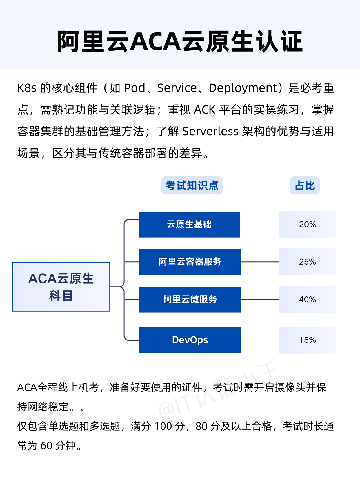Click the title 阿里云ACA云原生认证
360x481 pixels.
(180, 41)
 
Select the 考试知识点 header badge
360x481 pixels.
(192, 185)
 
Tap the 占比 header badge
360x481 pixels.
(305, 185)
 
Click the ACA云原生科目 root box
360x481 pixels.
(61, 287)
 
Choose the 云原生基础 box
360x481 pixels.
(189, 225)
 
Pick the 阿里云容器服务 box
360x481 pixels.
(190, 262)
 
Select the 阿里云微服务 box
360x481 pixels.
(190, 299)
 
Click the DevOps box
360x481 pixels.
(190, 340)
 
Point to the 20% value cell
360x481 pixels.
(308, 225)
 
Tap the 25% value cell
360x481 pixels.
(307, 262)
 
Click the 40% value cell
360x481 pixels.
(307, 299)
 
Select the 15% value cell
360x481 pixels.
(307, 340)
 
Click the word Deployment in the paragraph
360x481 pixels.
(243, 88)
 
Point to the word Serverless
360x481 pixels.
(210, 132)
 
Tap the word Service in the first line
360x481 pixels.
(177, 88)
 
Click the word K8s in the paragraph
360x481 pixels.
(27, 88)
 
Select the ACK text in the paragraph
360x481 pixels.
(204, 110)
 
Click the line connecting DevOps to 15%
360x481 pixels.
(260, 340)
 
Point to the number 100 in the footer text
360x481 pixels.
(163, 426)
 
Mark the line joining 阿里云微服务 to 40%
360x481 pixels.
(260, 300)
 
